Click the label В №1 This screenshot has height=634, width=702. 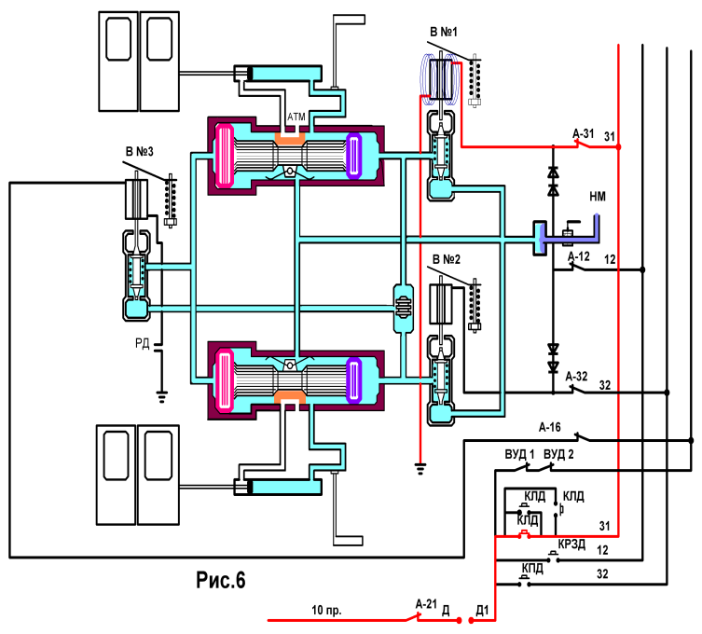pos(444,32)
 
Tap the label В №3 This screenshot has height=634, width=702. pos(140,152)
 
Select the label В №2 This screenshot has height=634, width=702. pos(447,259)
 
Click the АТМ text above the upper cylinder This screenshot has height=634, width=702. pos(296,117)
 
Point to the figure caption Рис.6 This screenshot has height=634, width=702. pos(221,580)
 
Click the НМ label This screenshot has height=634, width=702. pos(598,196)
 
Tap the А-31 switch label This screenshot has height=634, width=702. pos(584,133)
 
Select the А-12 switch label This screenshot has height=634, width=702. pos(579,256)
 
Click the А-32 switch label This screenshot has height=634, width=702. pos(577,377)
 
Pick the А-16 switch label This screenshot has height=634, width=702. pos(550,427)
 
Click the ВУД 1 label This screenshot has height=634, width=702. pos(520,454)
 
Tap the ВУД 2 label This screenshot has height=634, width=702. pos(558,454)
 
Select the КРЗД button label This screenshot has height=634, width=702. pos(571,544)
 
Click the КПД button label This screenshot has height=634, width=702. pos(532,569)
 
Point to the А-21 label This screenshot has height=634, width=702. pos(426,604)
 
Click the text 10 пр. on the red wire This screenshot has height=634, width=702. pos(326,610)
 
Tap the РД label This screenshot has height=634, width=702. pos(143,343)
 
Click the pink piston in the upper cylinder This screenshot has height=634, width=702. pos(225,156)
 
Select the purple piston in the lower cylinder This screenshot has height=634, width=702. pos(353,379)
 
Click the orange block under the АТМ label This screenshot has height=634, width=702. pos(290,137)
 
